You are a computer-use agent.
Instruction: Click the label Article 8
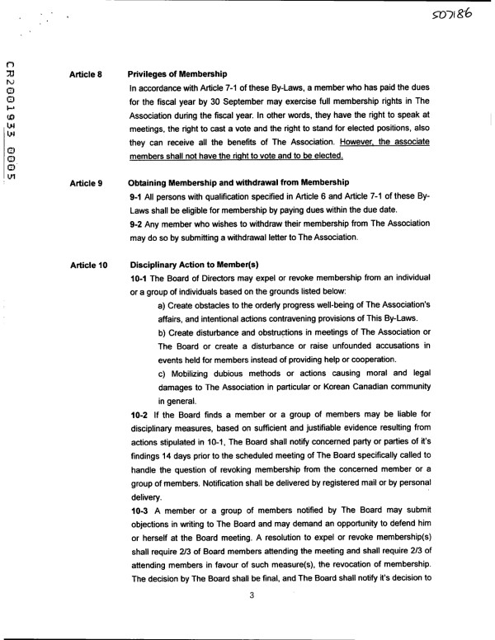[x=86, y=74]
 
